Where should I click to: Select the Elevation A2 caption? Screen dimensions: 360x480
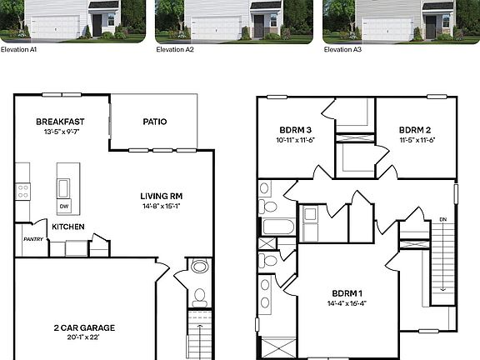[176, 49]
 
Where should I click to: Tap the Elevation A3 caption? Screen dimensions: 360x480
[342, 49]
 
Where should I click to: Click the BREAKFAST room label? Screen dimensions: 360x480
[60, 122]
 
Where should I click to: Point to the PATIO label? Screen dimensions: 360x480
[154, 122]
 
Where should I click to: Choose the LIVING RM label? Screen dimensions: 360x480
[162, 197]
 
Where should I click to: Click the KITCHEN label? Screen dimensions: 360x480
[68, 227]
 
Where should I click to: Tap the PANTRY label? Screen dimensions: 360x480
[32, 239]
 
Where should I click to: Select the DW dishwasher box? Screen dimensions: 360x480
[63, 207]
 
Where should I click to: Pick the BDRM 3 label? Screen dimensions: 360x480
[296, 130]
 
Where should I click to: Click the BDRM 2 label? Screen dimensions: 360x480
[415, 130]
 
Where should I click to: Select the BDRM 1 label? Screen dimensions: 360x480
[347, 293]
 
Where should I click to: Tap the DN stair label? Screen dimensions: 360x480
[442, 219]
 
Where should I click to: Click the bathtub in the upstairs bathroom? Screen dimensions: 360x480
[277, 226]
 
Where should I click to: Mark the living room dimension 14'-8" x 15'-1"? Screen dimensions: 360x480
[162, 207]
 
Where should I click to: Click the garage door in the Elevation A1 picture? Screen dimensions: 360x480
[55, 28]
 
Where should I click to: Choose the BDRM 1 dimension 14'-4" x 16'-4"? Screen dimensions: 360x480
[347, 303]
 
